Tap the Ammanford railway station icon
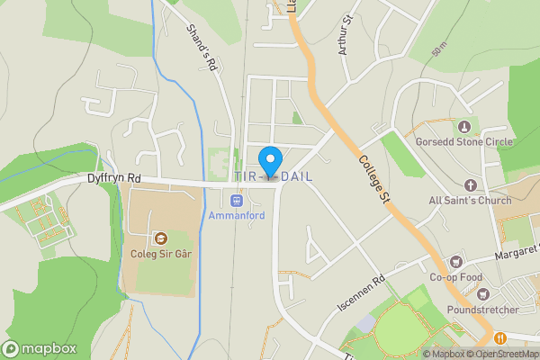point(237,201)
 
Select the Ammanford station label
point(237,217)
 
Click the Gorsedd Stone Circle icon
point(464,126)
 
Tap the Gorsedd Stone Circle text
point(464,142)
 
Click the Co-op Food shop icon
point(456,261)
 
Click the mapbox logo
point(40,348)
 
